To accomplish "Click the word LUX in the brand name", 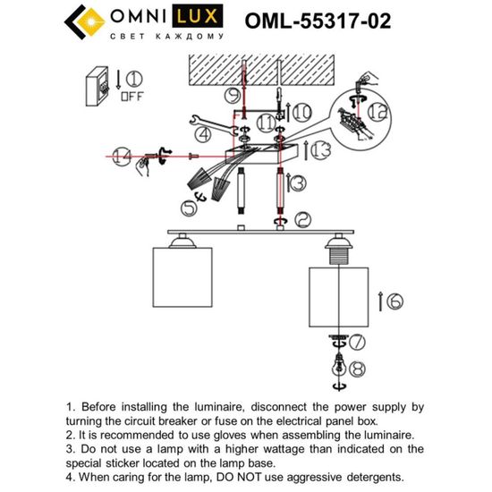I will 203,16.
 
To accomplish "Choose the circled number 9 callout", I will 232,93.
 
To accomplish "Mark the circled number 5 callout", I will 189,208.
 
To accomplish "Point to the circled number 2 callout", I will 303,217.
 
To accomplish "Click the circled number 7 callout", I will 356,342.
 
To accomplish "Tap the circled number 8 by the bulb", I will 356,367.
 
